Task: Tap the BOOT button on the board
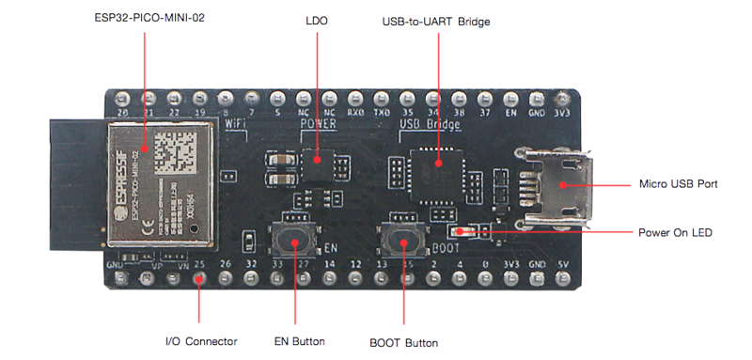[404, 243]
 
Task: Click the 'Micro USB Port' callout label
[678, 183]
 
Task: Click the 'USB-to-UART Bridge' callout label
[435, 20]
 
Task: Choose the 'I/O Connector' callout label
[200, 341]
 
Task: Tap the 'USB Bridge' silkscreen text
[430, 122]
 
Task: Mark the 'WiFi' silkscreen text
[236, 122]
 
